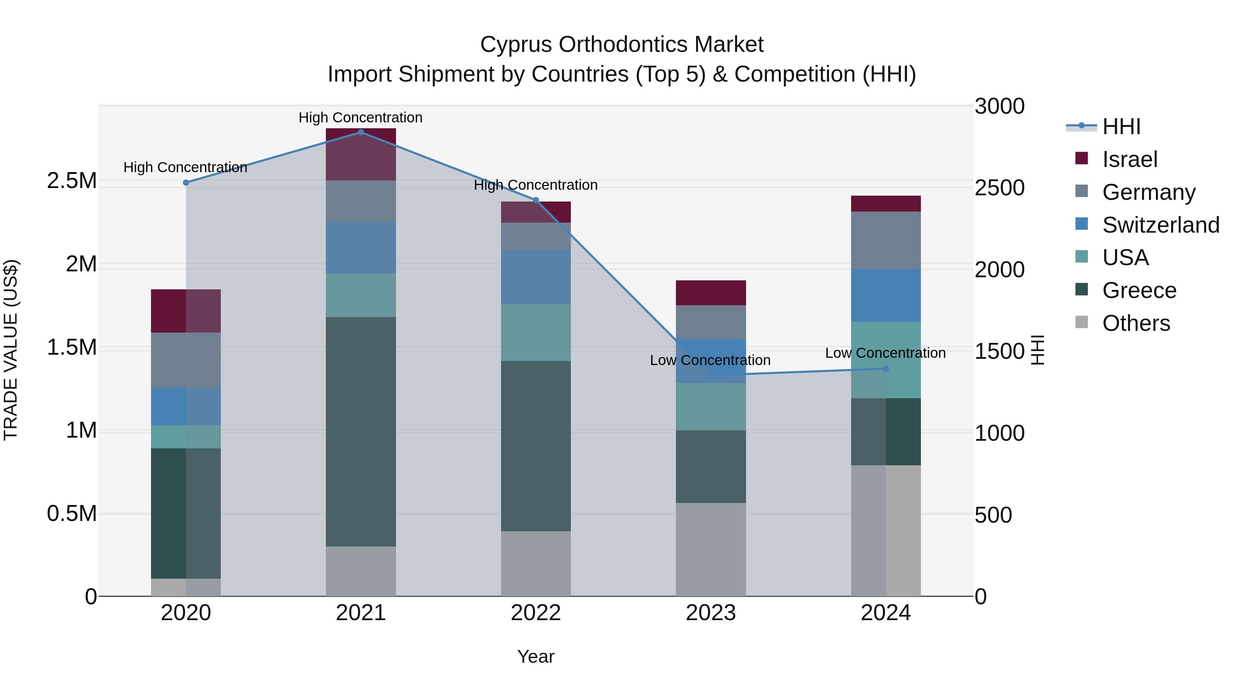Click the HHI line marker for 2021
[361, 132]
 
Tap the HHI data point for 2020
[186, 183]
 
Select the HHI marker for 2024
[886, 368]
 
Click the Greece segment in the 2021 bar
[361, 431]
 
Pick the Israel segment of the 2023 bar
[710, 293]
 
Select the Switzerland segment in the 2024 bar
[886, 295]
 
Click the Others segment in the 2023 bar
[710, 549]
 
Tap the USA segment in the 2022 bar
[536, 332]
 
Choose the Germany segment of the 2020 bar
[186, 360]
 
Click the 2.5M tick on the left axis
[72, 181]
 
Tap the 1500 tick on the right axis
[999, 352]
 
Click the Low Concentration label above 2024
[885, 353]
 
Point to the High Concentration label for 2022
[536, 185]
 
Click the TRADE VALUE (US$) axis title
[11, 350]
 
